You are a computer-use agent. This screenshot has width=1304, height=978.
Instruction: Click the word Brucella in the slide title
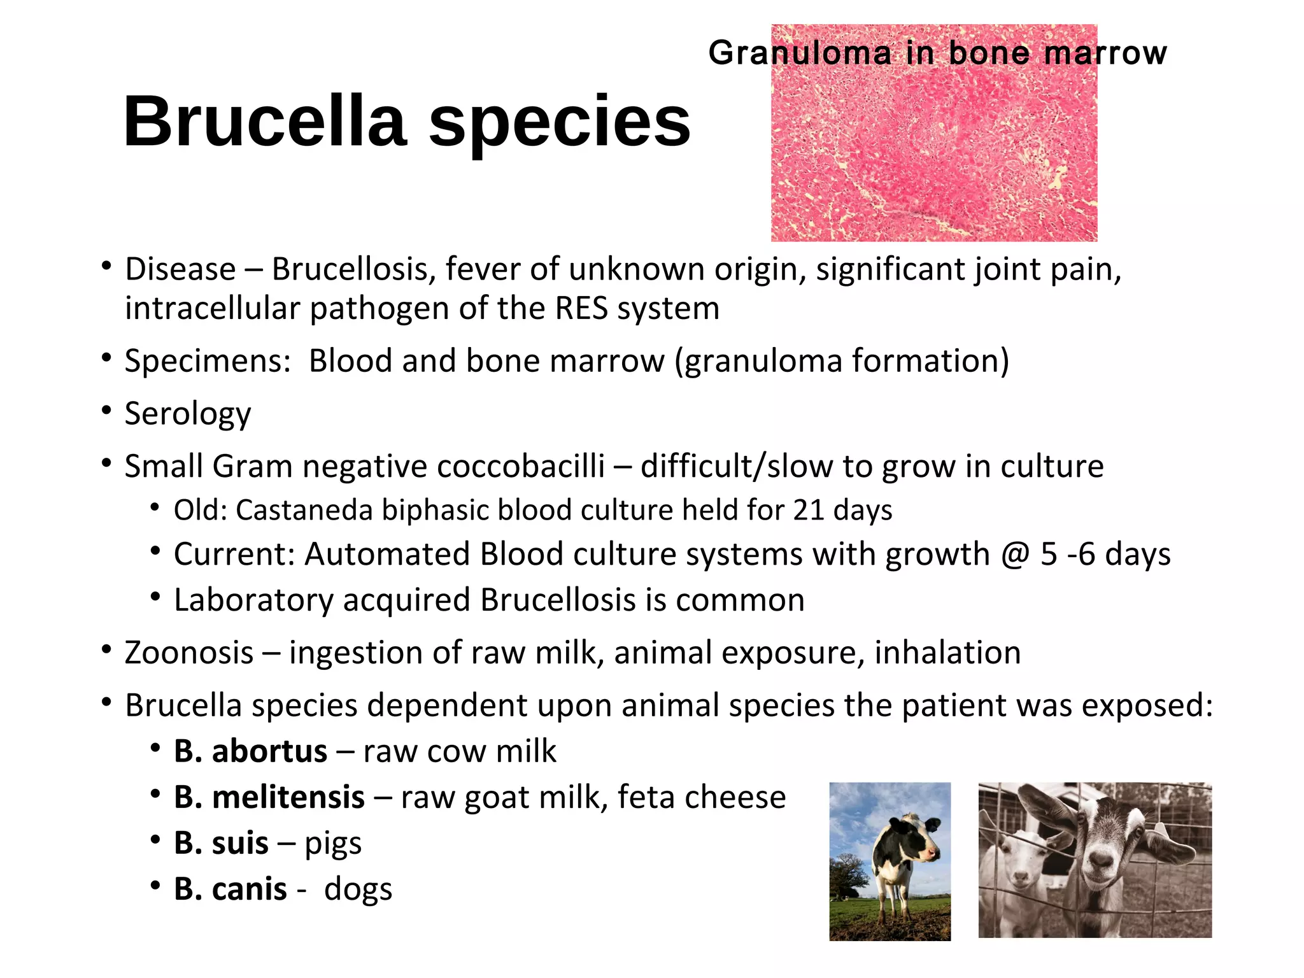pyautogui.click(x=265, y=121)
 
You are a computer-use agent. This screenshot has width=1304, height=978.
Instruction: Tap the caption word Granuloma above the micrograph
pyautogui.click(x=800, y=53)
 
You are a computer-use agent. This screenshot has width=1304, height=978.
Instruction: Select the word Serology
pyautogui.click(x=188, y=414)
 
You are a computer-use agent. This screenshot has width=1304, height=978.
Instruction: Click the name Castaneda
pyautogui.click(x=304, y=510)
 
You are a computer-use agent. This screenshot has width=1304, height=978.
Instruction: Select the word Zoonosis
pyautogui.click(x=189, y=653)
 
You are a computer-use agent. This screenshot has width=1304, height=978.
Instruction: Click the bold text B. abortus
pyautogui.click(x=250, y=751)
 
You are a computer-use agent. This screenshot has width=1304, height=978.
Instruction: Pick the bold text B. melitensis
pyautogui.click(x=269, y=797)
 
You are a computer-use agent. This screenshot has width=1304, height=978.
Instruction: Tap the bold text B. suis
pyautogui.click(x=221, y=843)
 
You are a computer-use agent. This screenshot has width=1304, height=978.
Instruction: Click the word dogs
pyautogui.click(x=358, y=889)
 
